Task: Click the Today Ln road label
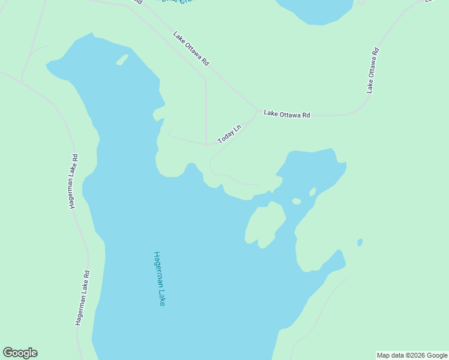229,134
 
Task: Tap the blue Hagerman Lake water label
159,279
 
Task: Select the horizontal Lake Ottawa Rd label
287,113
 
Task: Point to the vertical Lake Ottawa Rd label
373,70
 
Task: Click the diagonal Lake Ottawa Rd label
191,49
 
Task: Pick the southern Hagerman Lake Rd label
82,298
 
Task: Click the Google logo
20,353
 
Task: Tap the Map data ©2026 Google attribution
412,355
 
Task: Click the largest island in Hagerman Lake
265,224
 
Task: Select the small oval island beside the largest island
296,201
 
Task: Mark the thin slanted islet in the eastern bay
312,192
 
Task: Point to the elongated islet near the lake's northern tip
122,59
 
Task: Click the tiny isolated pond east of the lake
360,242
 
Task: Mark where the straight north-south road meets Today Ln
206,144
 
